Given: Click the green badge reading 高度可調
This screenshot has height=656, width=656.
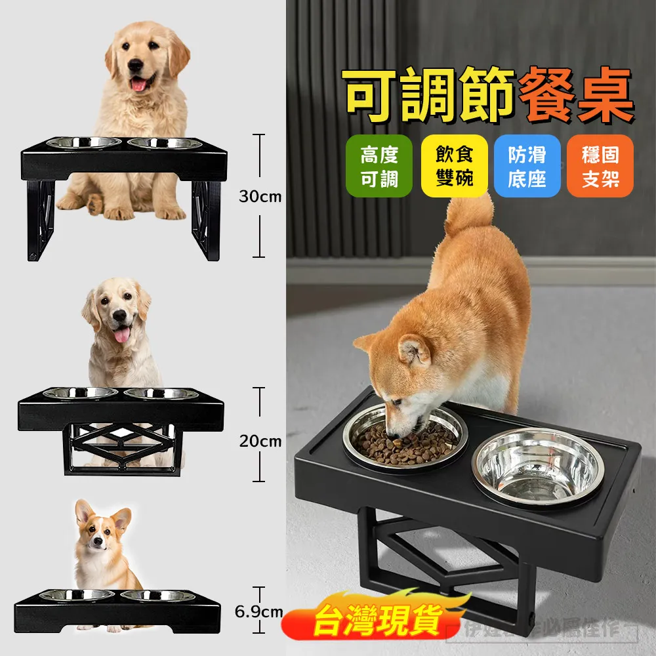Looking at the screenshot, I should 379,167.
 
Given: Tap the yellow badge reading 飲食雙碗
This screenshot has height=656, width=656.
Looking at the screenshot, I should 455,167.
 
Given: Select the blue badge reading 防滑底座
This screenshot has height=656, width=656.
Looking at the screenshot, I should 527,167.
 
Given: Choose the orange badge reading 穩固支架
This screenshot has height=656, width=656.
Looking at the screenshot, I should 600,167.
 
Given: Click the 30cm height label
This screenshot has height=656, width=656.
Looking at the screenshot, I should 260,196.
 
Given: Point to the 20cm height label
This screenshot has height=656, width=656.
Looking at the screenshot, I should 260,441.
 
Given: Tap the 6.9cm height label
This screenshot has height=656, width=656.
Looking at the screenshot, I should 258,612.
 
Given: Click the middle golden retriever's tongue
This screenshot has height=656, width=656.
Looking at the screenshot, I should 121,336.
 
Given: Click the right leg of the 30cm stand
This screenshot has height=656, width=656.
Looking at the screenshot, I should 206,216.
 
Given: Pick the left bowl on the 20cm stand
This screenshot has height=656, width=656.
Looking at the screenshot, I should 80,394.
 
